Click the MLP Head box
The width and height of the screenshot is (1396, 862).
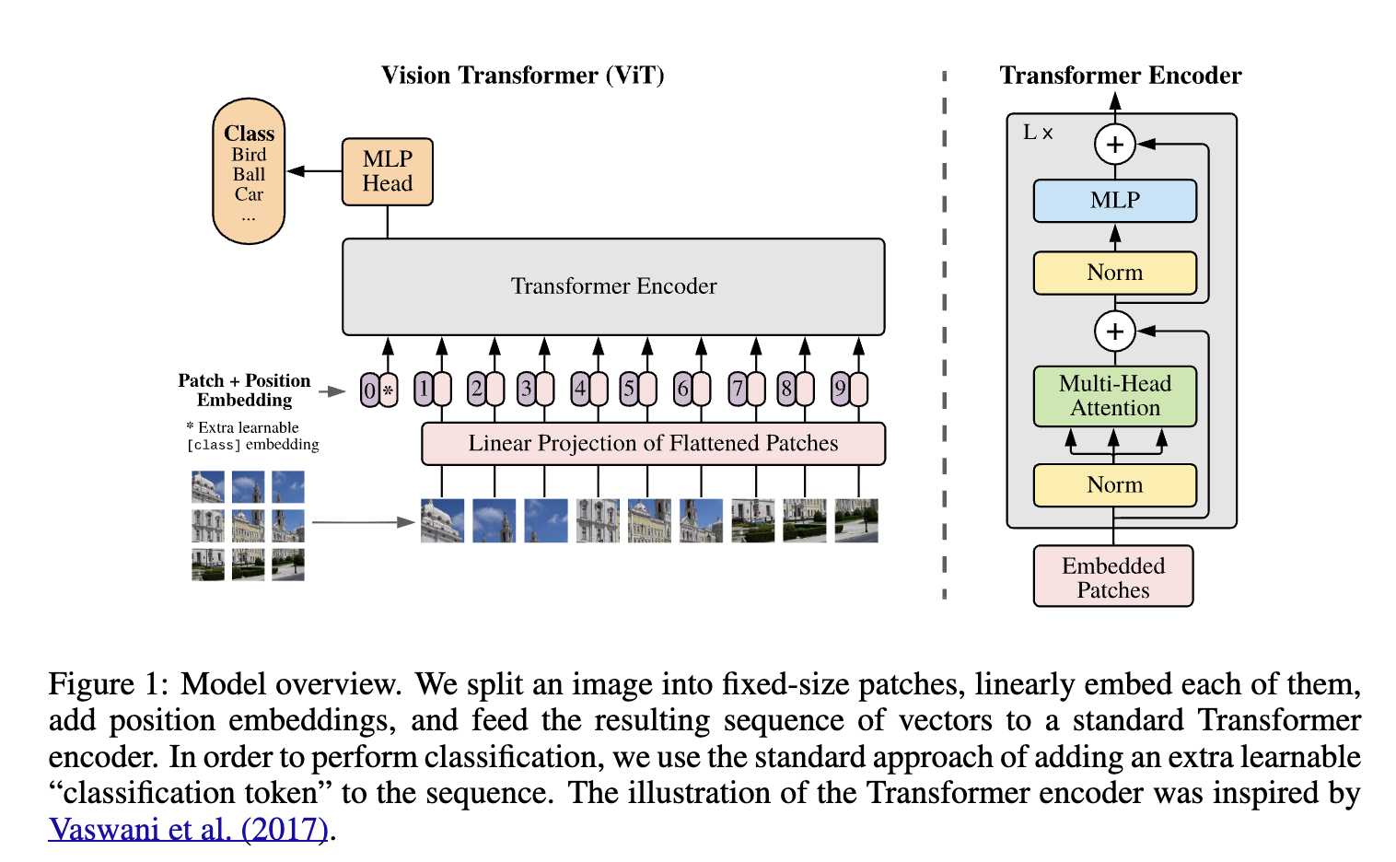coord(387,172)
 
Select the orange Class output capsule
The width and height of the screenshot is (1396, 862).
coord(249,170)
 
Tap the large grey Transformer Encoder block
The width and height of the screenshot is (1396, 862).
coord(613,286)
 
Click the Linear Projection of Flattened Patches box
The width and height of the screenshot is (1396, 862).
coord(653,444)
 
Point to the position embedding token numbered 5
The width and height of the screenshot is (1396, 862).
coord(628,390)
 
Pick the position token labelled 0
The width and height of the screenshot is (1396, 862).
coord(369,390)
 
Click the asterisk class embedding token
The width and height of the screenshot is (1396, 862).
coord(389,390)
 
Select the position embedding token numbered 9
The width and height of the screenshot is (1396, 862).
coord(840,390)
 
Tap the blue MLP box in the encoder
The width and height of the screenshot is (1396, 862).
coord(1115,201)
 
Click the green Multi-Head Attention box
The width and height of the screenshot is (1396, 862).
coord(1115,396)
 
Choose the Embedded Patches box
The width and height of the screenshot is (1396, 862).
coord(1113,577)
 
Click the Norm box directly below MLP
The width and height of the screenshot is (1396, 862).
coord(1115,273)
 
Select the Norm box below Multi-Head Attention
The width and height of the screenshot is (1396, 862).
coord(1115,485)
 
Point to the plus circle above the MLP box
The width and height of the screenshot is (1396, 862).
coord(1115,145)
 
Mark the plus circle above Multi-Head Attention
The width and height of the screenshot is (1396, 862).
coord(1115,332)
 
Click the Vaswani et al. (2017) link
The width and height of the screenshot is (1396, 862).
coord(188,830)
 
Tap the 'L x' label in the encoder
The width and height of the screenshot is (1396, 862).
coord(1038,133)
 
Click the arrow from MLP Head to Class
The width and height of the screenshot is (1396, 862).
coord(314,170)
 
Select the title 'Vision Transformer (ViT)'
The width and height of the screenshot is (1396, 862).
coord(523,76)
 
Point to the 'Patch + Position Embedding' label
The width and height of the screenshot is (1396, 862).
coord(244,390)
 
